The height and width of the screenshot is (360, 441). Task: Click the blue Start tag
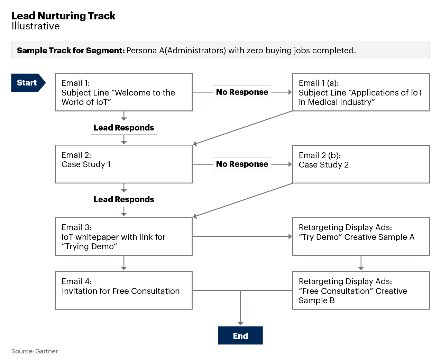tap(27, 83)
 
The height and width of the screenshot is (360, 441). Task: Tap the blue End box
tap(240, 335)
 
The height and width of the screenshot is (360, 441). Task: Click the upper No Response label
tap(242, 92)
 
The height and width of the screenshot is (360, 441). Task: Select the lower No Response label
tap(242, 164)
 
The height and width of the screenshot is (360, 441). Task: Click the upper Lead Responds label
tap(124, 128)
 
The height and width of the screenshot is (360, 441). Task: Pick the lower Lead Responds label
tap(124, 199)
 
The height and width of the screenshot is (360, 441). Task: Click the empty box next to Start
tap(124, 92)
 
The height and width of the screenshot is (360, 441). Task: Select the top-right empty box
tap(361, 92)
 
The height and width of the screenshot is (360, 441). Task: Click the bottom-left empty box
tap(124, 290)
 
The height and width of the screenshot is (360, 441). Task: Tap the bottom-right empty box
tap(361, 290)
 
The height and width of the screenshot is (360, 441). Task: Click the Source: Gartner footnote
tap(35, 351)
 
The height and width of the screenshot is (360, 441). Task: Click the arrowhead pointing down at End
tap(240, 324)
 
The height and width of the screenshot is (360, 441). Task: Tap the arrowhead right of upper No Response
tap(290, 92)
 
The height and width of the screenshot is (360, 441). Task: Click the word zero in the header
tap(255, 51)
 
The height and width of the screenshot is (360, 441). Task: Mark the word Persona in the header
tap(141, 51)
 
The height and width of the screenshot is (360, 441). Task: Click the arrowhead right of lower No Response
tap(290, 164)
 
